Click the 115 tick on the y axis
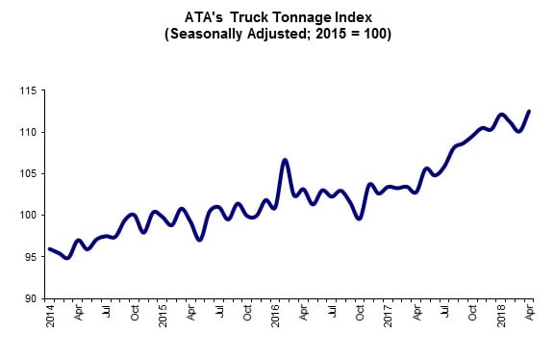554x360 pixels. pyautogui.click(x=28, y=90)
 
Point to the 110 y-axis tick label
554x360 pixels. pyautogui.click(x=28, y=132)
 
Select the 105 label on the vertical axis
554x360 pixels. pyautogui.click(x=28, y=173)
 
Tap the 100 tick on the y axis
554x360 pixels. pyautogui.click(x=28, y=215)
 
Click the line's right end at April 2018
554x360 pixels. pyautogui.click(x=529, y=111)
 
